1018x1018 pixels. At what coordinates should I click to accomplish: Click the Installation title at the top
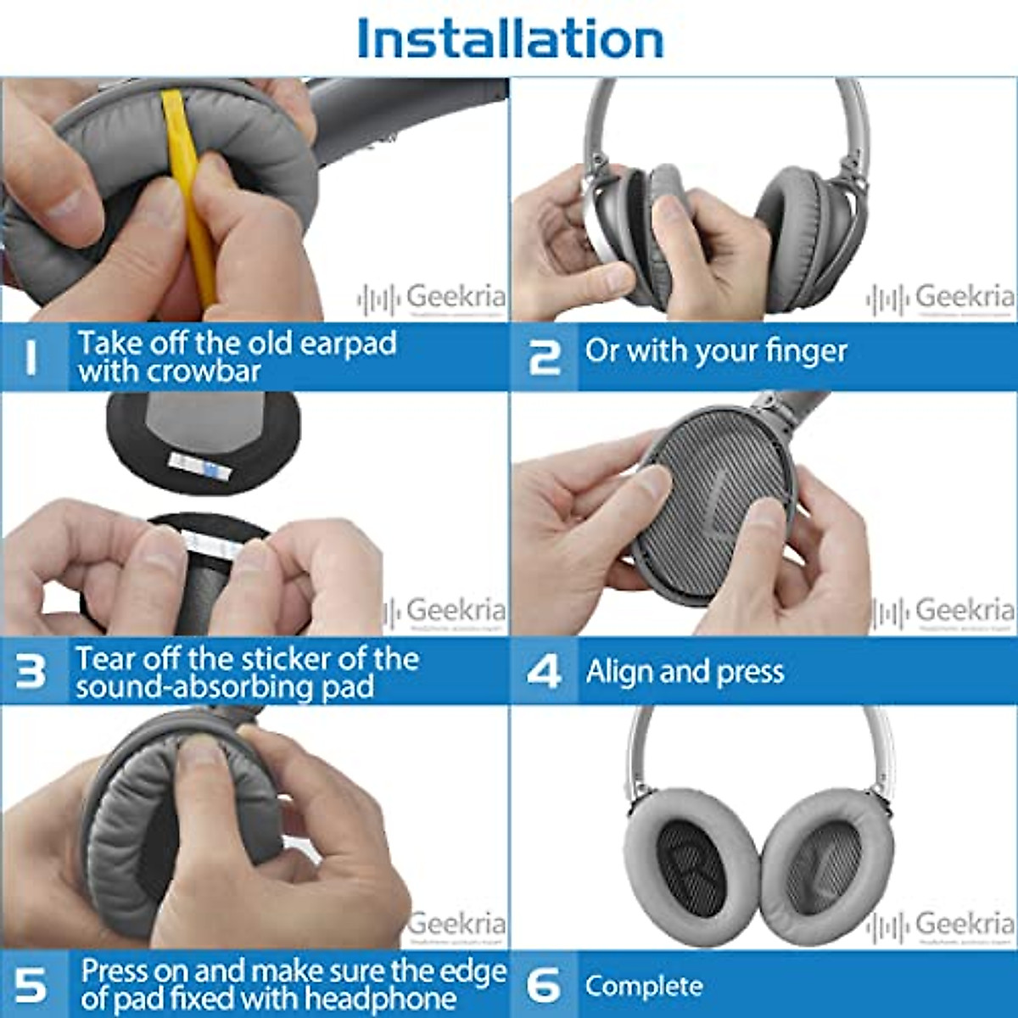[x=510, y=39]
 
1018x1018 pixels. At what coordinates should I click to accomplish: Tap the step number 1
[x=31, y=356]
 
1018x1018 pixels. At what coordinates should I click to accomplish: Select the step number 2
[x=544, y=356]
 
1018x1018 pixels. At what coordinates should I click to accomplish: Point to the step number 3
[x=31, y=671]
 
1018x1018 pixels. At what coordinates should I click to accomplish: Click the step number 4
[x=544, y=671]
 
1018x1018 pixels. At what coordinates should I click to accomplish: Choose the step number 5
[x=31, y=985]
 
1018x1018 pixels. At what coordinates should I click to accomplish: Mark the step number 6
[x=544, y=985]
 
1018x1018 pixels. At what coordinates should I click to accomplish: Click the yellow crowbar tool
[x=191, y=195]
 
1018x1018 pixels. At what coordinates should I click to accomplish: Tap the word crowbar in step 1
[x=203, y=372]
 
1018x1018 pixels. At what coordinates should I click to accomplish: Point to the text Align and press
[x=685, y=672]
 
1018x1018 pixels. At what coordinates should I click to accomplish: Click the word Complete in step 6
[x=644, y=986]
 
